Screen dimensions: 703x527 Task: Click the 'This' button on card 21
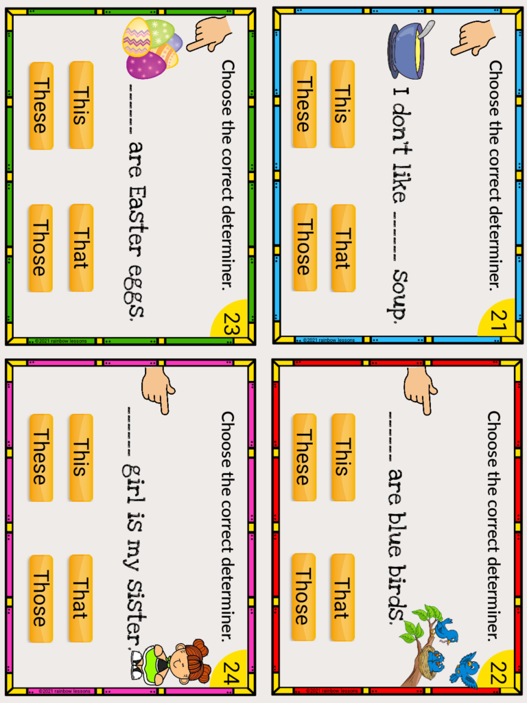[342, 104]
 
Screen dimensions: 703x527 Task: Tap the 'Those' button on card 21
[304, 247]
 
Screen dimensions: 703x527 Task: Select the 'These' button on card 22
[304, 457]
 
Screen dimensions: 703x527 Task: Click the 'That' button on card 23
[80, 247]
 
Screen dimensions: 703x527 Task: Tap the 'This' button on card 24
[80, 457]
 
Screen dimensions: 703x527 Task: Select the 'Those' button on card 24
[40, 599]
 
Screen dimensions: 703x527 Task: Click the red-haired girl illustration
[175, 662]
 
